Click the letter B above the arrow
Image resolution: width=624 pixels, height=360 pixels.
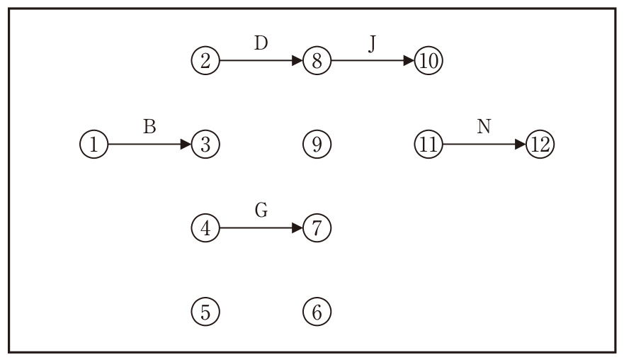point(149,127)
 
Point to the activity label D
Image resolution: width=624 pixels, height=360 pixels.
point(261,43)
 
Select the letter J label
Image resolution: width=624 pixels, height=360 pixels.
point(372,44)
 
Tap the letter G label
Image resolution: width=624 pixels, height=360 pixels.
point(261,210)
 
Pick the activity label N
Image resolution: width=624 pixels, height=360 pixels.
point(484,127)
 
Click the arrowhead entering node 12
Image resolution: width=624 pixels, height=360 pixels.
point(521,144)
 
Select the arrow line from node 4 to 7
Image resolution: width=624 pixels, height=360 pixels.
point(261,227)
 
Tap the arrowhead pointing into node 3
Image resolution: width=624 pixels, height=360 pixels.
point(186,144)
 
